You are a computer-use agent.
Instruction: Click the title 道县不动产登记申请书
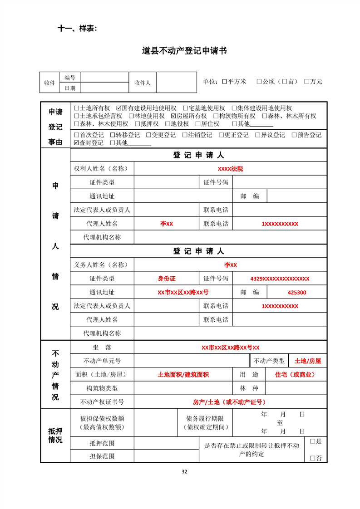[x=184, y=51]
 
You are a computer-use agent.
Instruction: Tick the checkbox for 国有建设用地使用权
[x=119, y=108]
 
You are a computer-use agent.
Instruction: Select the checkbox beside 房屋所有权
[x=173, y=116]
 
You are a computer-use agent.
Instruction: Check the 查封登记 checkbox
[x=76, y=142]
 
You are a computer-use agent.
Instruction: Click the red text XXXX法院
[x=230, y=169]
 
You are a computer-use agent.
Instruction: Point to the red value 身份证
[x=166, y=279]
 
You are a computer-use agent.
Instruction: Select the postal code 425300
[x=297, y=293]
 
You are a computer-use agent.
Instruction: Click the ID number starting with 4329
[x=280, y=279]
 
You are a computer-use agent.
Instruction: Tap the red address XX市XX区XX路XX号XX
[x=230, y=347]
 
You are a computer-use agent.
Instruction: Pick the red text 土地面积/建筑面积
[x=183, y=375]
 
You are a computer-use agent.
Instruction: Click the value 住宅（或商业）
[x=295, y=375]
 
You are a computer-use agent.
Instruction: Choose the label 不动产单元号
[x=102, y=361]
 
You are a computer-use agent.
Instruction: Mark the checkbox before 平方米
[x=224, y=82]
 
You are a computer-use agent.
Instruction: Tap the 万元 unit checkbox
[x=307, y=82]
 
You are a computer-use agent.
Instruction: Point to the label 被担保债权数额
[x=102, y=418]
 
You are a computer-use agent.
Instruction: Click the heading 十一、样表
[x=78, y=28]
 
